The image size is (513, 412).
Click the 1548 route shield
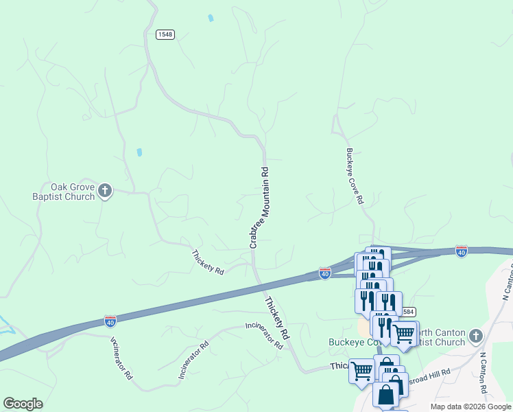coord(165,34)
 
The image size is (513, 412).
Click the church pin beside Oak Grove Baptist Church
coord(105,191)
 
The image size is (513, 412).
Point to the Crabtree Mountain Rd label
coord(258,207)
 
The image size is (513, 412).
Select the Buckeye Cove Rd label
coord(354,176)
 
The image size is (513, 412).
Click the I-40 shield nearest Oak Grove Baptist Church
coord(110,321)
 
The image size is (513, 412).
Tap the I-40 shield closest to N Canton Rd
coord(461,252)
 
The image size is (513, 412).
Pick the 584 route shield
coord(407,312)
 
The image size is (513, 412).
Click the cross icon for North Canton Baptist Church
coord(476,337)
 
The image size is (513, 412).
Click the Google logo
coord(23,403)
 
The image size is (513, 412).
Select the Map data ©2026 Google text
coord(471,407)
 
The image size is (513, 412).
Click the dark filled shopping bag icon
coord(386,395)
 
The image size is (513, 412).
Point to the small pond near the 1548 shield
coord(211,18)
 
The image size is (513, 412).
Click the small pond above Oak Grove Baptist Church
coord(140,152)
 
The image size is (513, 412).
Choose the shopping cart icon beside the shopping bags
coord(361,370)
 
